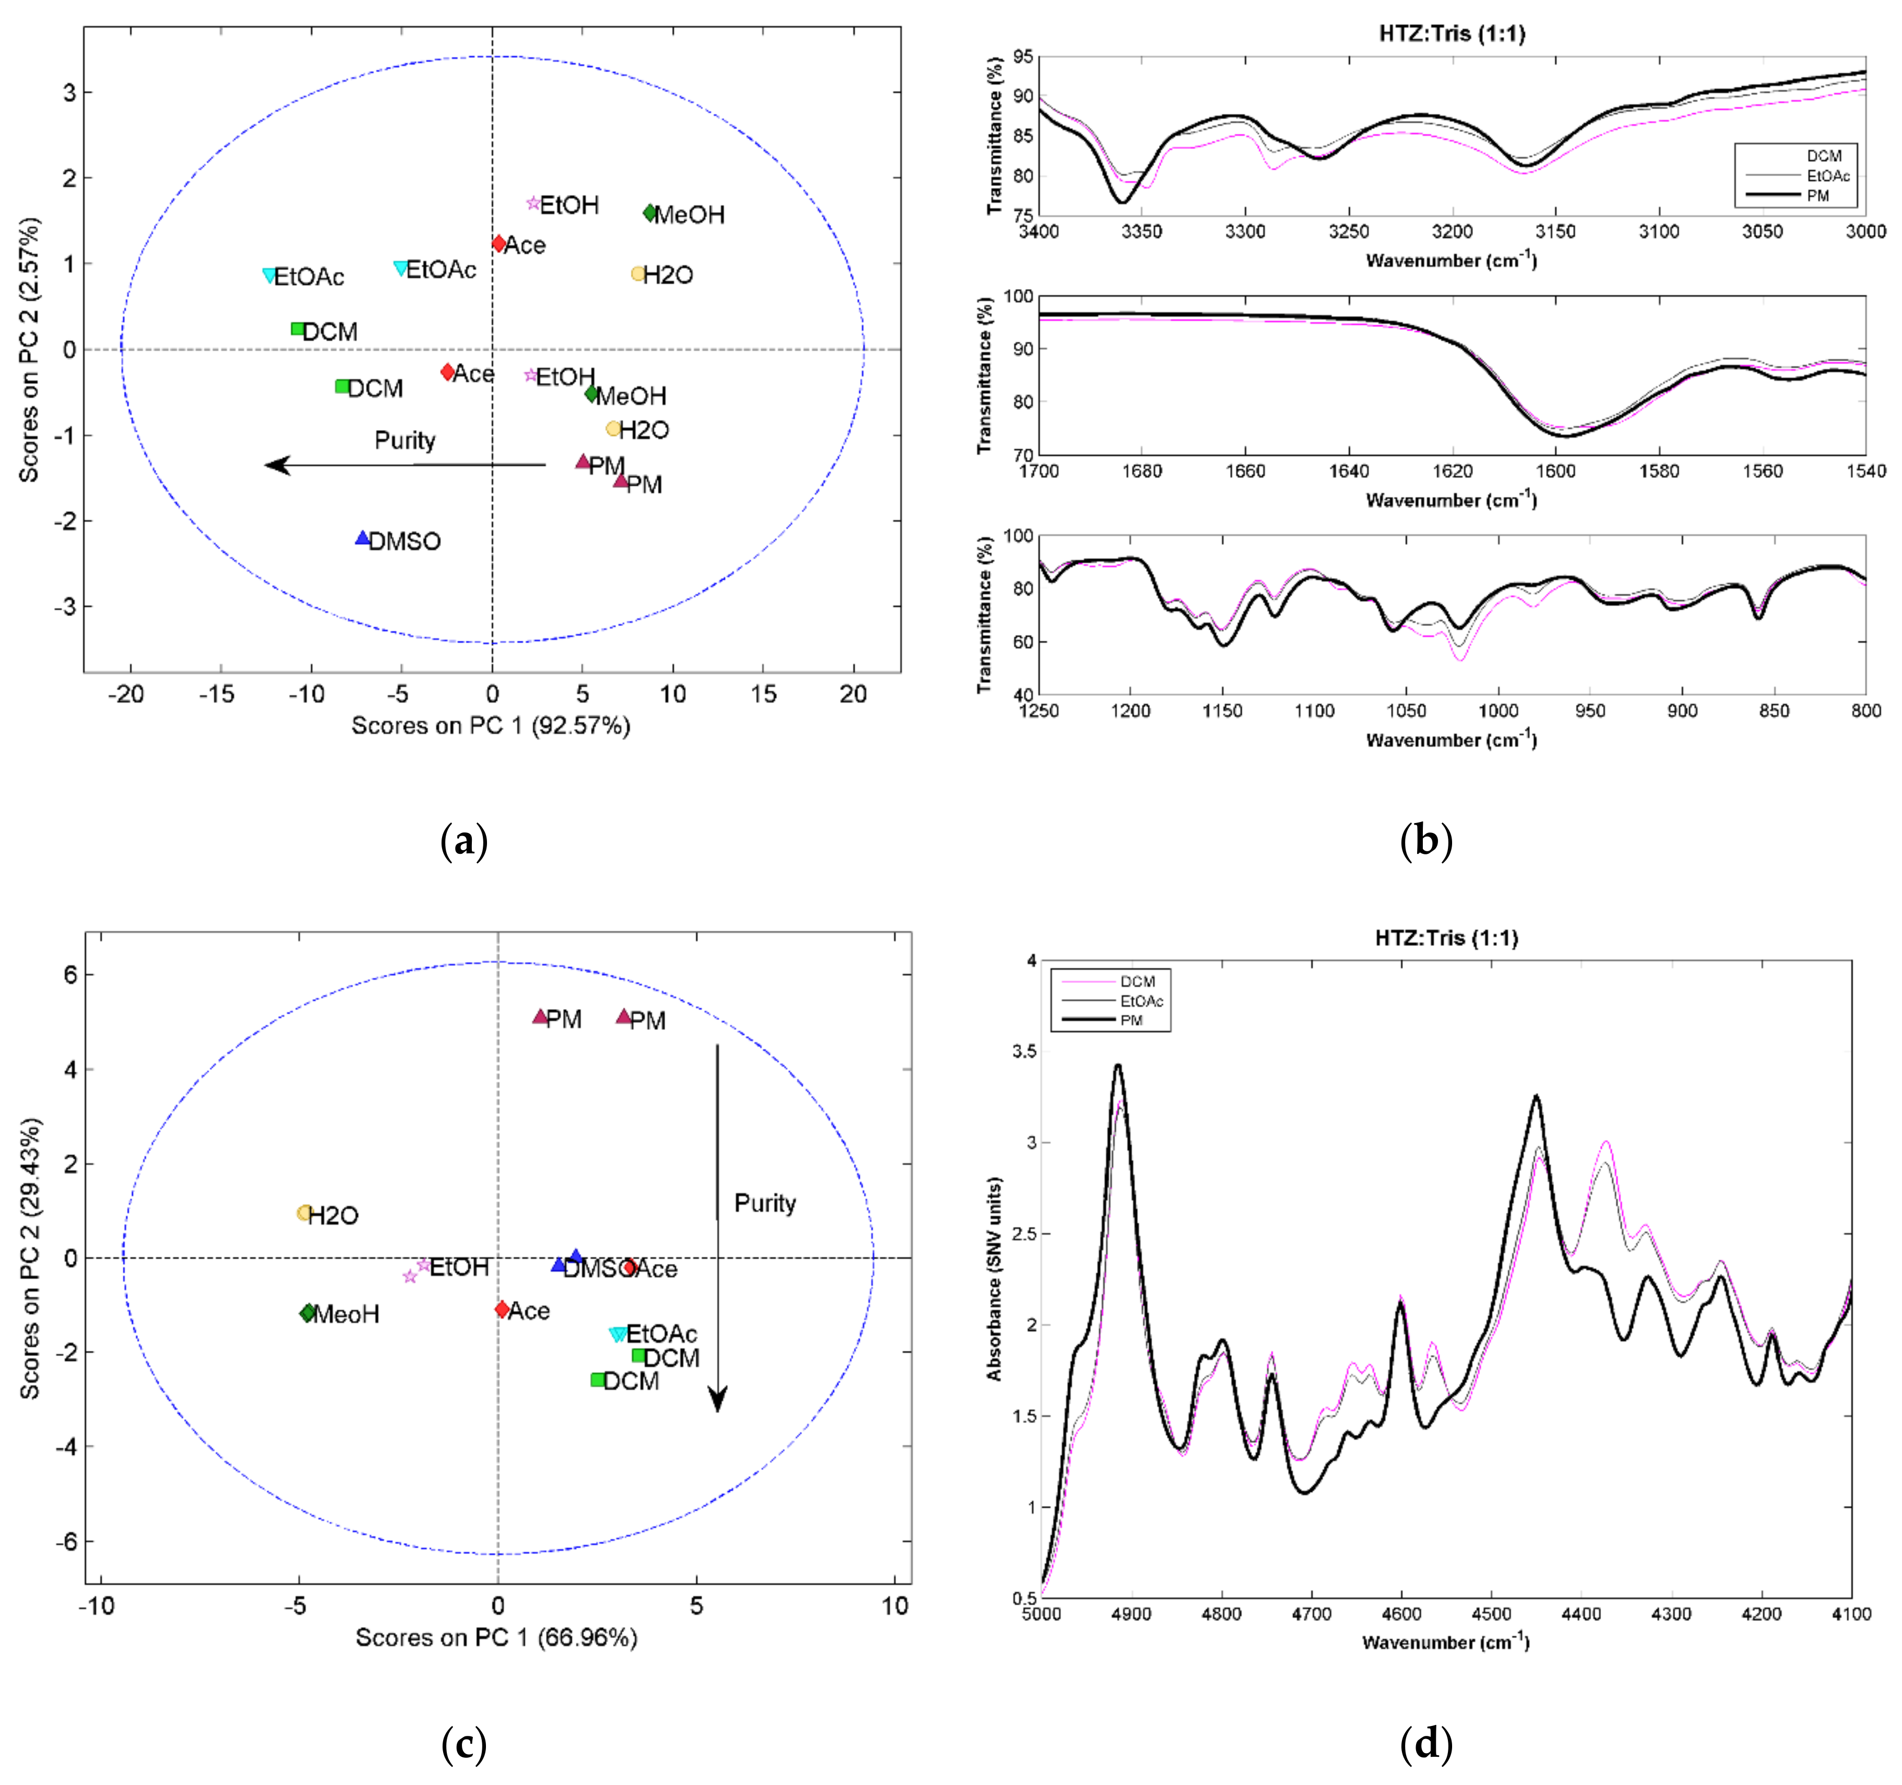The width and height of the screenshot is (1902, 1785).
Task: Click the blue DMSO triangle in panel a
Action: pyautogui.click(x=362, y=539)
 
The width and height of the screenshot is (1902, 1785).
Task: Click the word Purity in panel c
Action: pyautogui.click(x=764, y=1203)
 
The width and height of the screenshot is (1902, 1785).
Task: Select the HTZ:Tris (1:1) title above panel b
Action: pyautogui.click(x=1452, y=34)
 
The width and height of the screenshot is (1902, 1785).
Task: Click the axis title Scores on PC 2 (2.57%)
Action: pyautogui.click(x=30, y=349)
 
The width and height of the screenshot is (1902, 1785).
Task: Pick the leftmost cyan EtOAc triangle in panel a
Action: pyautogui.click(x=270, y=275)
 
